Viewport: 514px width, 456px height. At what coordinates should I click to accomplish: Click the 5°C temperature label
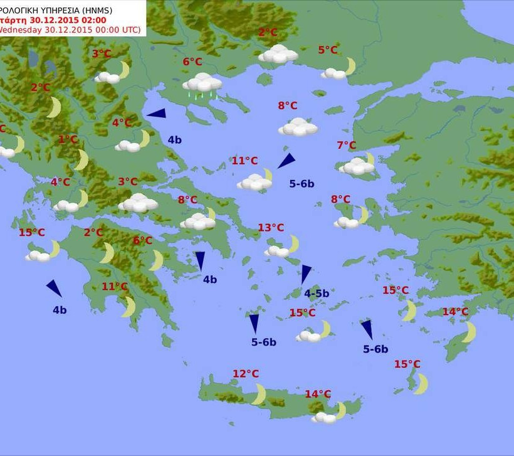[327, 50]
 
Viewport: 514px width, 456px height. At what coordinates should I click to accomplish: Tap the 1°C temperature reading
[68, 139]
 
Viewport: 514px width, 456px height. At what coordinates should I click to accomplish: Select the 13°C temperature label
[271, 228]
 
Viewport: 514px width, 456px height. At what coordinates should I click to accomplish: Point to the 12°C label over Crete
[246, 374]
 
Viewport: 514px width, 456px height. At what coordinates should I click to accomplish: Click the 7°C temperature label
[346, 146]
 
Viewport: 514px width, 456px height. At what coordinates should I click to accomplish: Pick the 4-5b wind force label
[317, 293]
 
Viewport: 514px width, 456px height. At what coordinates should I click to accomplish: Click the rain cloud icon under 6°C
[202, 85]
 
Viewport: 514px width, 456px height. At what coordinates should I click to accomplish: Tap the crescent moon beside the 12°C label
[259, 395]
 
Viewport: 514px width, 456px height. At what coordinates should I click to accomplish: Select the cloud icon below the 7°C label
[357, 166]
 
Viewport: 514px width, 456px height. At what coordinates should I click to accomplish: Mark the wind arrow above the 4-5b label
[305, 274]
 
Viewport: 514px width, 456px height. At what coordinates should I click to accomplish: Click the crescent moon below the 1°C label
[81, 160]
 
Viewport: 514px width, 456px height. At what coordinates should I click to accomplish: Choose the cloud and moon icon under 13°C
[281, 247]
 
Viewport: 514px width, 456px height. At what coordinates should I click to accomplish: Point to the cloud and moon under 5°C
[338, 69]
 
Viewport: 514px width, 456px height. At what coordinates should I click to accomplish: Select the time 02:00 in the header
[102, 19]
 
